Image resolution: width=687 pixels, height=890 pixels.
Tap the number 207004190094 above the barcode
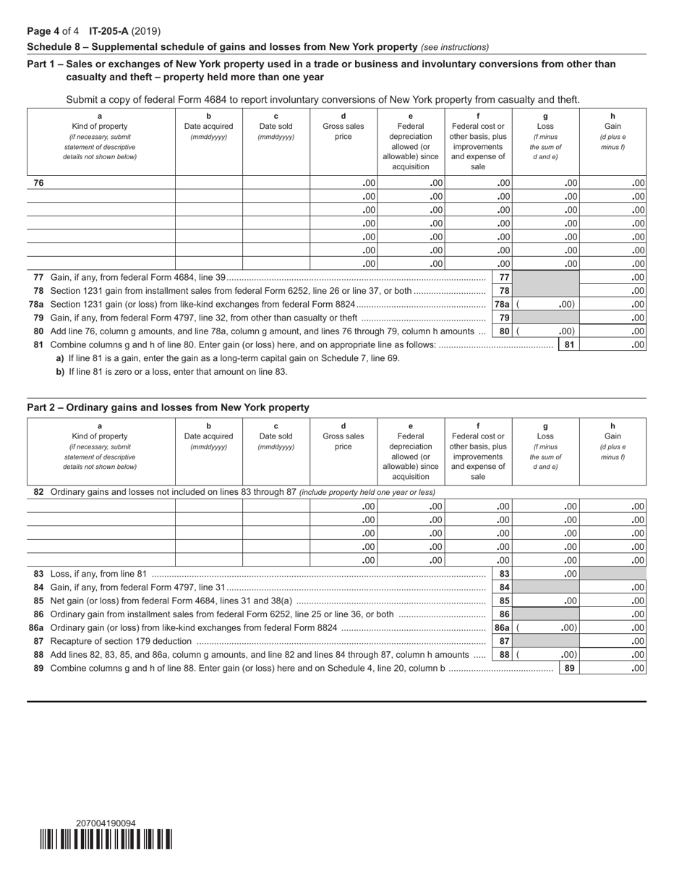click(105, 823)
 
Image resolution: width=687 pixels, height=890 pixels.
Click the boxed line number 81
click(569, 345)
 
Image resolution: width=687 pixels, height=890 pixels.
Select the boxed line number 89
click(569, 669)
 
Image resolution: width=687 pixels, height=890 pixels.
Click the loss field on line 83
click(546, 574)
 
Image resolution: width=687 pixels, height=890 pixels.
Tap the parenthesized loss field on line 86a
click(546, 628)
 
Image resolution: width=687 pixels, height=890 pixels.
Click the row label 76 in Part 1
click(39, 183)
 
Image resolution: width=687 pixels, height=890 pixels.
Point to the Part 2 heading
click(168, 407)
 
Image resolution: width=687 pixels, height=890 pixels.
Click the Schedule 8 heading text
click(222, 47)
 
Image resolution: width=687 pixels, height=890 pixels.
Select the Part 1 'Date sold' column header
click(276, 126)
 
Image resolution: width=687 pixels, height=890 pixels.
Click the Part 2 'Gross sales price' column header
click(343, 436)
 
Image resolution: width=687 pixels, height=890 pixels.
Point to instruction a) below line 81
click(227, 358)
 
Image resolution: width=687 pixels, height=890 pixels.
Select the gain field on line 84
click(613, 588)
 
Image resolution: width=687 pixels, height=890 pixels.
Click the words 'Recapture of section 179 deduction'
click(121, 642)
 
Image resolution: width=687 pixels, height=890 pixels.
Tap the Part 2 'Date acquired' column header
click(208, 436)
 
